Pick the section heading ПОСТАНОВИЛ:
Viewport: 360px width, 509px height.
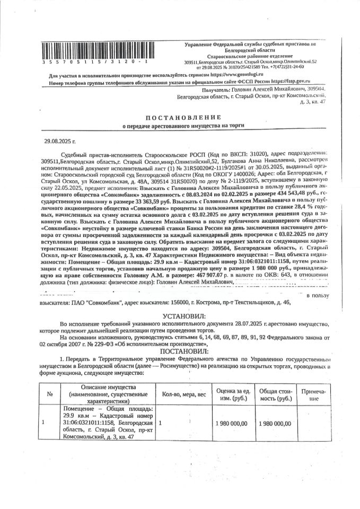pos(180,350)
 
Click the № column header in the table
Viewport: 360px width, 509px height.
pos(49,395)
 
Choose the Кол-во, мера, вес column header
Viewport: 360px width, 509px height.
pos(184,395)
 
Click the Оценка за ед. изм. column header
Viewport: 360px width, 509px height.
pos(233,395)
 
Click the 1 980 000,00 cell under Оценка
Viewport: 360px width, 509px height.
pos(233,423)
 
